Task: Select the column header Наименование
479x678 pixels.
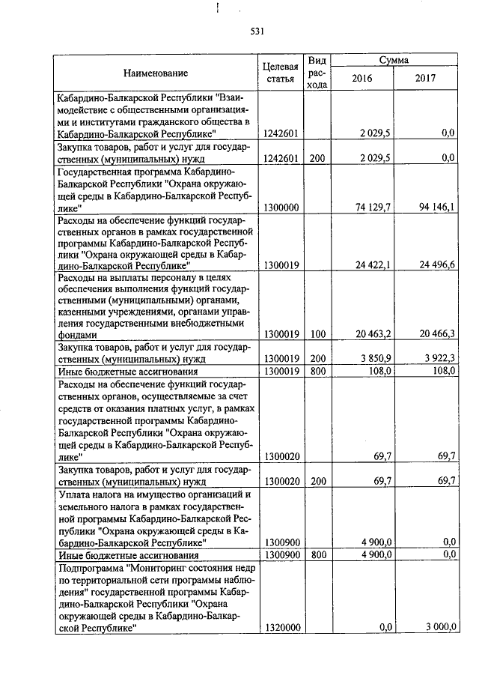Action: (x=156, y=73)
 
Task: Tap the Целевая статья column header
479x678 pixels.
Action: (x=282, y=73)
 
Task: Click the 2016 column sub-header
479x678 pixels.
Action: (x=361, y=78)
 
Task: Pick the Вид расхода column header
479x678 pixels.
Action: (x=317, y=73)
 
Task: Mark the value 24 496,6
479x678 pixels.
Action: (x=439, y=264)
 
